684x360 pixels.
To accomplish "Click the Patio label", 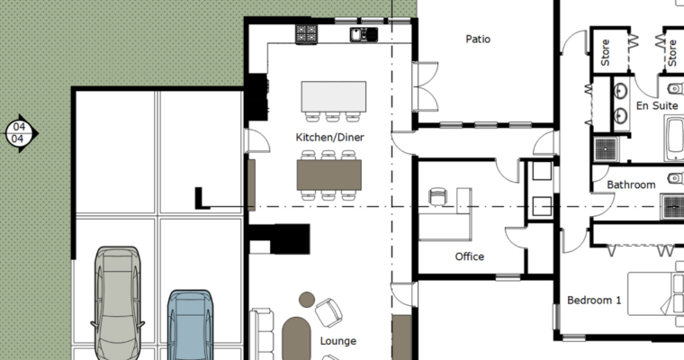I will tap(478, 40).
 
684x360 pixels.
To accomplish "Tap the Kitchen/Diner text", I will tap(329, 138).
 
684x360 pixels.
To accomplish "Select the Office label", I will tap(469, 256).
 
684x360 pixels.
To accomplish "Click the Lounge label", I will tap(337, 341).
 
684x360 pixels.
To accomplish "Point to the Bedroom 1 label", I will tap(594, 300).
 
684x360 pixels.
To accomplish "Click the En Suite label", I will tap(657, 106).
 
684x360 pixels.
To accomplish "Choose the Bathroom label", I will tap(631, 184).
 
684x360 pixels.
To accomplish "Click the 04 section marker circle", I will tap(19, 132).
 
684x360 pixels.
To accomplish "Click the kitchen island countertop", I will tap(333, 95).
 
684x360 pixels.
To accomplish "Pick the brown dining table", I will tap(328, 175).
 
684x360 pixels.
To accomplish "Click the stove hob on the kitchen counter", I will tap(307, 34).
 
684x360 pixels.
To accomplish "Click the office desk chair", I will tap(437, 197).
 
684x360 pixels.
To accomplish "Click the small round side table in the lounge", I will tap(307, 300).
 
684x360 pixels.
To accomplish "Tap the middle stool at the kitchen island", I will tap(333, 116).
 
